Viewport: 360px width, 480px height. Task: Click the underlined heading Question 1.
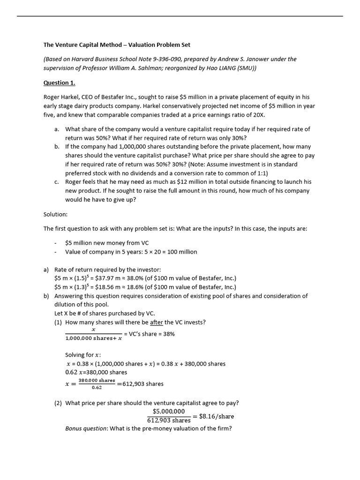coord(60,83)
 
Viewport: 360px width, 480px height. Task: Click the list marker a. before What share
coord(57,129)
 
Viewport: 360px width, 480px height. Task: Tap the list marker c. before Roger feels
coord(57,182)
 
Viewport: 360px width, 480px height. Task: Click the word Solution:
coord(56,214)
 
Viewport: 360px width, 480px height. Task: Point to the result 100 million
coord(180,252)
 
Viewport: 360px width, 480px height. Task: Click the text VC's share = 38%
coord(150,334)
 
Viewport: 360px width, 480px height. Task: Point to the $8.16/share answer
coord(216,416)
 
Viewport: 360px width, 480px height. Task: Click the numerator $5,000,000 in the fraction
coord(169,411)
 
